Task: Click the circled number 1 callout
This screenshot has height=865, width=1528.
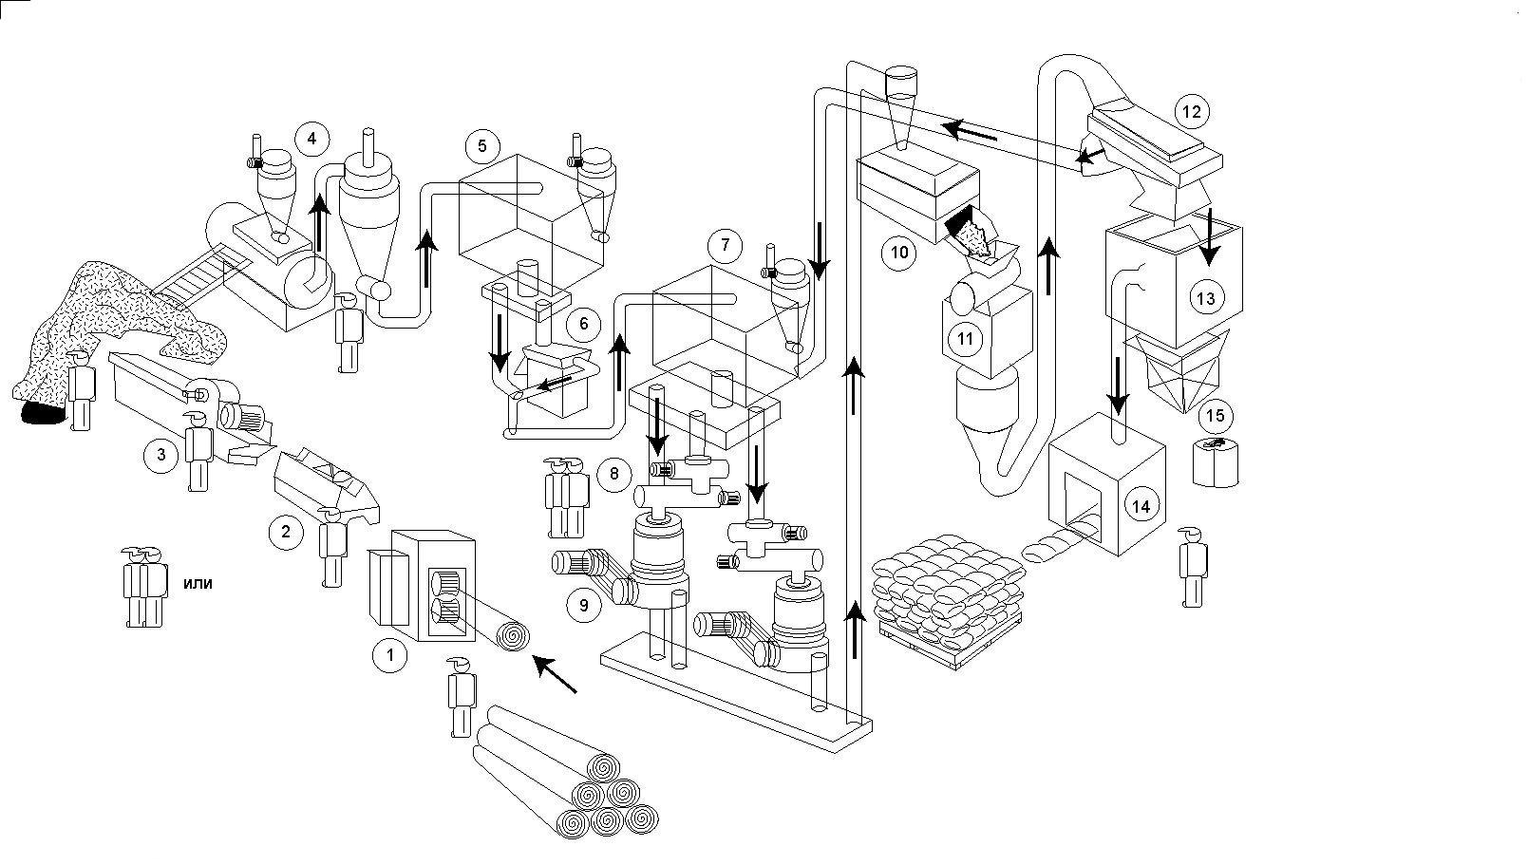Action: tap(389, 655)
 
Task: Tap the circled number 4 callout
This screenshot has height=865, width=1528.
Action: tap(311, 140)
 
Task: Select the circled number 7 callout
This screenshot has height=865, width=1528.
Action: tap(725, 245)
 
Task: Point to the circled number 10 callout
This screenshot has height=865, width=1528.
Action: tap(899, 254)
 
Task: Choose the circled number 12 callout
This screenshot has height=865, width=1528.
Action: tap(1192, 112)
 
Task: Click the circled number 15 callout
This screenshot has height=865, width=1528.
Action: tap(1215, 416)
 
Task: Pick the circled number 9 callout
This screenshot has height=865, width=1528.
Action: tap(584, 605)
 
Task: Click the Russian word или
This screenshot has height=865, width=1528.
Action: tap(198, 583)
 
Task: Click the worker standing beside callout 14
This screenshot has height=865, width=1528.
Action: tap(1193, 567)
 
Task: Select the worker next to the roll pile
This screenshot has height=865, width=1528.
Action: tap(462, 697)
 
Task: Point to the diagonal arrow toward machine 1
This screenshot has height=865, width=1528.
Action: tap(555, 674)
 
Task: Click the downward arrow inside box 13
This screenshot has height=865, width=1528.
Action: tap(1209, 236)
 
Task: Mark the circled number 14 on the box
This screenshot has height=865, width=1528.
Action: tap(1141, 506)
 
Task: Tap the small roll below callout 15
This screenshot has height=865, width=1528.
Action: tap(1216, 463)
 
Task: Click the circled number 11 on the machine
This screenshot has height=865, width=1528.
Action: tap(965, 339)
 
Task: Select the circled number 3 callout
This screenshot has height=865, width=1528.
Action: tap(161, 455)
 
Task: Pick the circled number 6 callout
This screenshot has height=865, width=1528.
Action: tap(583, 324)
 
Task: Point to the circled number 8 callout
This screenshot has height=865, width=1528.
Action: tap(613, 474)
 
